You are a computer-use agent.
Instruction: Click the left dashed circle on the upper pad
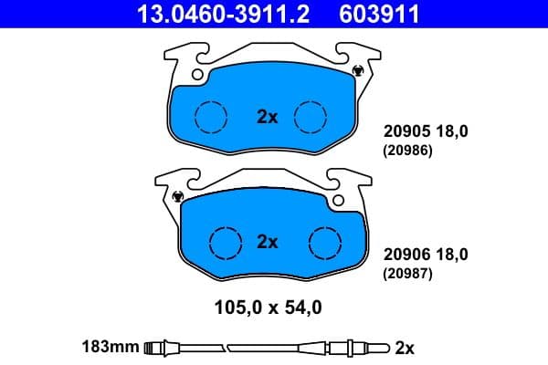(212, 116)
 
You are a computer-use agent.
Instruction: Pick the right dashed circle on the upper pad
(311, 116)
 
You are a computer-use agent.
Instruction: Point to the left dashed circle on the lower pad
(226, 242)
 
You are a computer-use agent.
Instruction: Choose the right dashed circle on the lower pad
(324, 242)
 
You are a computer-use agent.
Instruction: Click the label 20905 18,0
(426, 130)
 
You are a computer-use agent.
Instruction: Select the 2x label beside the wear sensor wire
(405, 347)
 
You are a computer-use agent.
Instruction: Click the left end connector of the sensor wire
(161, 347)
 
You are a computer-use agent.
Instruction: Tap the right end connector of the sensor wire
(365, 347)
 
